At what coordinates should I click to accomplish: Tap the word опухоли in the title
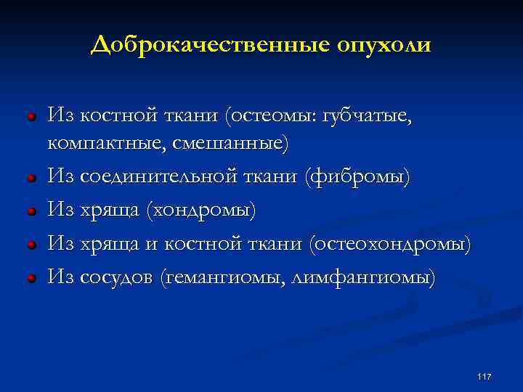[383, 45]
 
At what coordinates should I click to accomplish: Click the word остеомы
[269, 114]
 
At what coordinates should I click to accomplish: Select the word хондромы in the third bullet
[200, 210]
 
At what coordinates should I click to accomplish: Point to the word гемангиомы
[227, 277]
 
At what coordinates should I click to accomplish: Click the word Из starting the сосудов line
[60, 277]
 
